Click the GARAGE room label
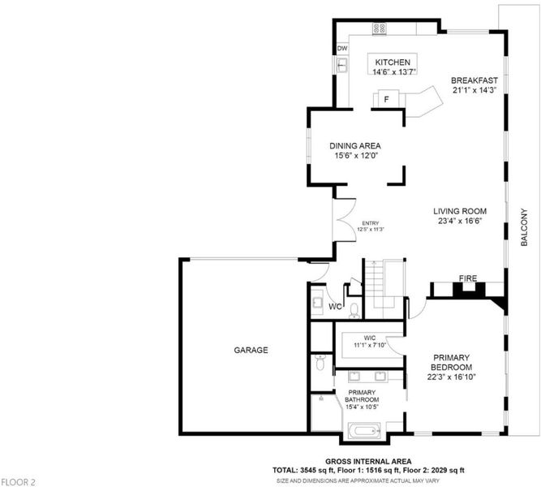pos(251,350)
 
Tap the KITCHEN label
pos(393,62)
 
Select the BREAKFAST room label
pos(474,80)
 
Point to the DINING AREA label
pos(355,146)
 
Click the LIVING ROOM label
pos(460,211)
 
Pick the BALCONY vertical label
pos(524,227)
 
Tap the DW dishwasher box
pos(342,49)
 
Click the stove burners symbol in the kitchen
pos(379,28)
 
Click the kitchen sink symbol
pos(342,65)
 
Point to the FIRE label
pos(468,278)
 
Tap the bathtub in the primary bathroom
pos(363,431)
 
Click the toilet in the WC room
pos(354,311)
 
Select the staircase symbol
pos(375,283)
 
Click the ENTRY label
pos(371,223)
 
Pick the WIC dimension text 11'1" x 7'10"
pos(370,345)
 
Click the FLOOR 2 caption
pos(18,482)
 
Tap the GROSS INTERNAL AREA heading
pos(368,462)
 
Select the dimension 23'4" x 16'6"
pos(460,221)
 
